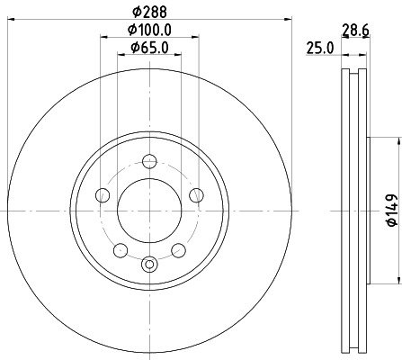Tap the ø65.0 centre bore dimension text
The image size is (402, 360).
pos(149,48)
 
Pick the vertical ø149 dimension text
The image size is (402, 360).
pos(391,210)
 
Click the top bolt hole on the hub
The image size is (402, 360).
pos(149,162)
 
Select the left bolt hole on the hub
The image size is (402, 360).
pos(103,195)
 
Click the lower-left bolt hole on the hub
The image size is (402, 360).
pos(121,248)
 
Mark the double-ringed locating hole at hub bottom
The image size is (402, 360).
pos(149,264)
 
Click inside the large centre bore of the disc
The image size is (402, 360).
pos(149,210)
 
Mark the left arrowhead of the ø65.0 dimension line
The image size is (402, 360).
pos(121,56)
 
